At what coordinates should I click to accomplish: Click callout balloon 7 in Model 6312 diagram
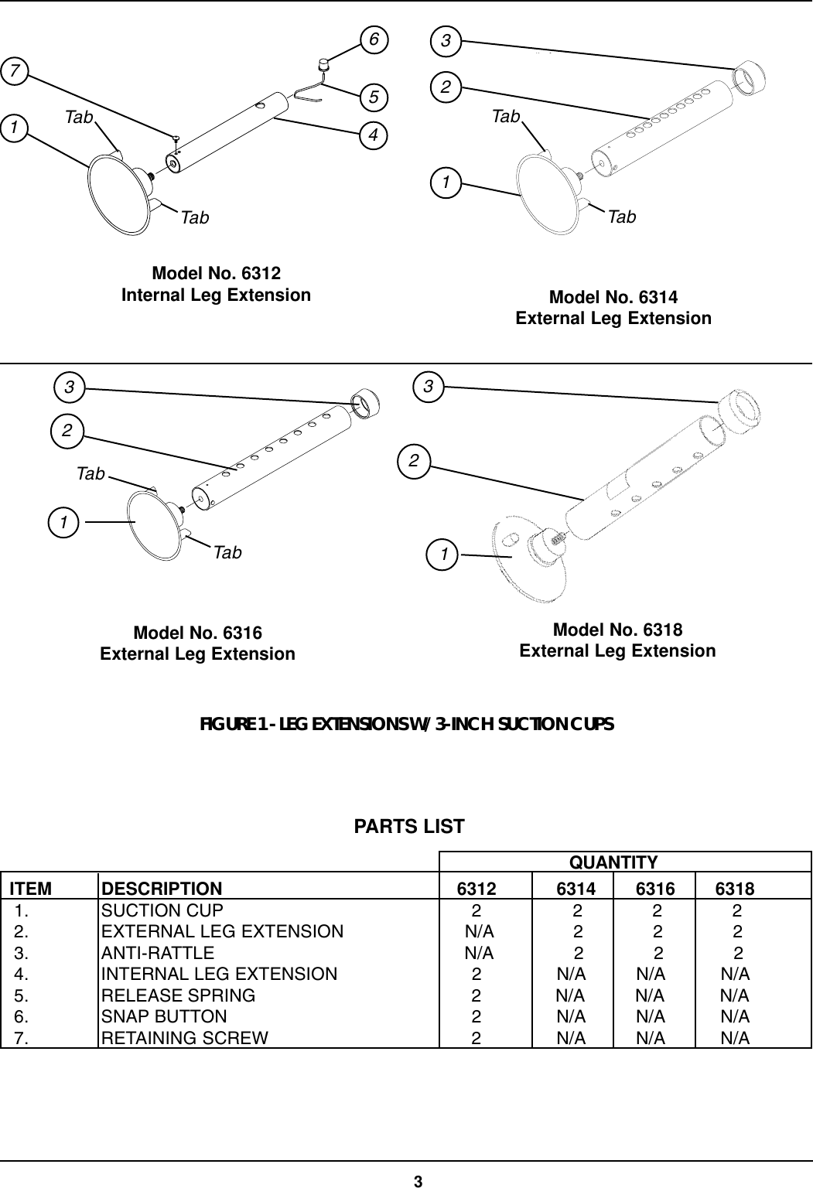click(x=14, y=72)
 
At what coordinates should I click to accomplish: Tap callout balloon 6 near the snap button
click(x=374, y=39)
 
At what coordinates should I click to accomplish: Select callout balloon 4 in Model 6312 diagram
click(x=374, y=135)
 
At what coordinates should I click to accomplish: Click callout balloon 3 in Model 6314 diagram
click(x=446, y=40)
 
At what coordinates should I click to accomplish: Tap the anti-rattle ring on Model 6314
click(x=748, y=79)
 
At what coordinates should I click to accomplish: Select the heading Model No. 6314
click(x=613, y=298)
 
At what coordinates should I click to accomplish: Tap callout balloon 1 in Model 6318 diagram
click(x=444, y=555)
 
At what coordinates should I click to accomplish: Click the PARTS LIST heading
click(x=409, y=827)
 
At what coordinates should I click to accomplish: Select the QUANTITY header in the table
click(x=613, y=862)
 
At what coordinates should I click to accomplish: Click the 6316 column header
click(x=654, y=889)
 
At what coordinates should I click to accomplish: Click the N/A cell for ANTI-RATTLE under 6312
click(x=479, y=953)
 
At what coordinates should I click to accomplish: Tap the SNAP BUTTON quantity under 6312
click(x=477, y=1017)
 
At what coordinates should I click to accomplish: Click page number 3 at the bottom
click(x=418, y=1181)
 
